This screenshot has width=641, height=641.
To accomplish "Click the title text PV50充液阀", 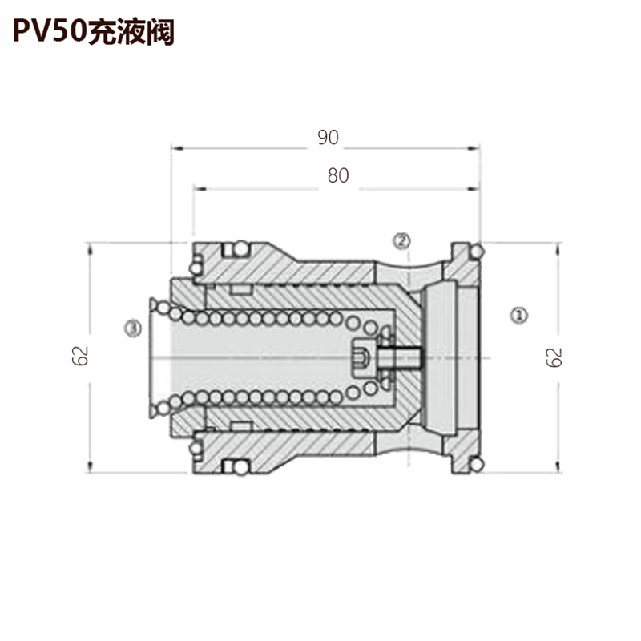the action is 94,32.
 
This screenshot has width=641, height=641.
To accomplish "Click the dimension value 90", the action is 329,138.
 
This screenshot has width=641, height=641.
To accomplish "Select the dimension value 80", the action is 338,175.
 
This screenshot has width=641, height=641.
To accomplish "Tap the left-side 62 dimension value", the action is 80,356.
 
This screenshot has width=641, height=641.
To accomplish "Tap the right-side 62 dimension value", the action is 554,357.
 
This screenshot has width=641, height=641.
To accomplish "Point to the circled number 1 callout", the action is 519,315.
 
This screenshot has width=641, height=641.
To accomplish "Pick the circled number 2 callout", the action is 401,240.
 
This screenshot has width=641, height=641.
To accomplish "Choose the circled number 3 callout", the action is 133,329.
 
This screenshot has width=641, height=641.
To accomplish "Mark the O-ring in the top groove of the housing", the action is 242,248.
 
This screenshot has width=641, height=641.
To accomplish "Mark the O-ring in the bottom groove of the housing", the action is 242,467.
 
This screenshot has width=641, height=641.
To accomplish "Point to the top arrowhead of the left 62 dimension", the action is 90,248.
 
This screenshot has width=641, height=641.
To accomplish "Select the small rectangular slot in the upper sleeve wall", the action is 240,290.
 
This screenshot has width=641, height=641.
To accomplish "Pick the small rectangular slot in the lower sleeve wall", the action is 240,426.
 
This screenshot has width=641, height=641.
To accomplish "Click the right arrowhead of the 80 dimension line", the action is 474,189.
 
